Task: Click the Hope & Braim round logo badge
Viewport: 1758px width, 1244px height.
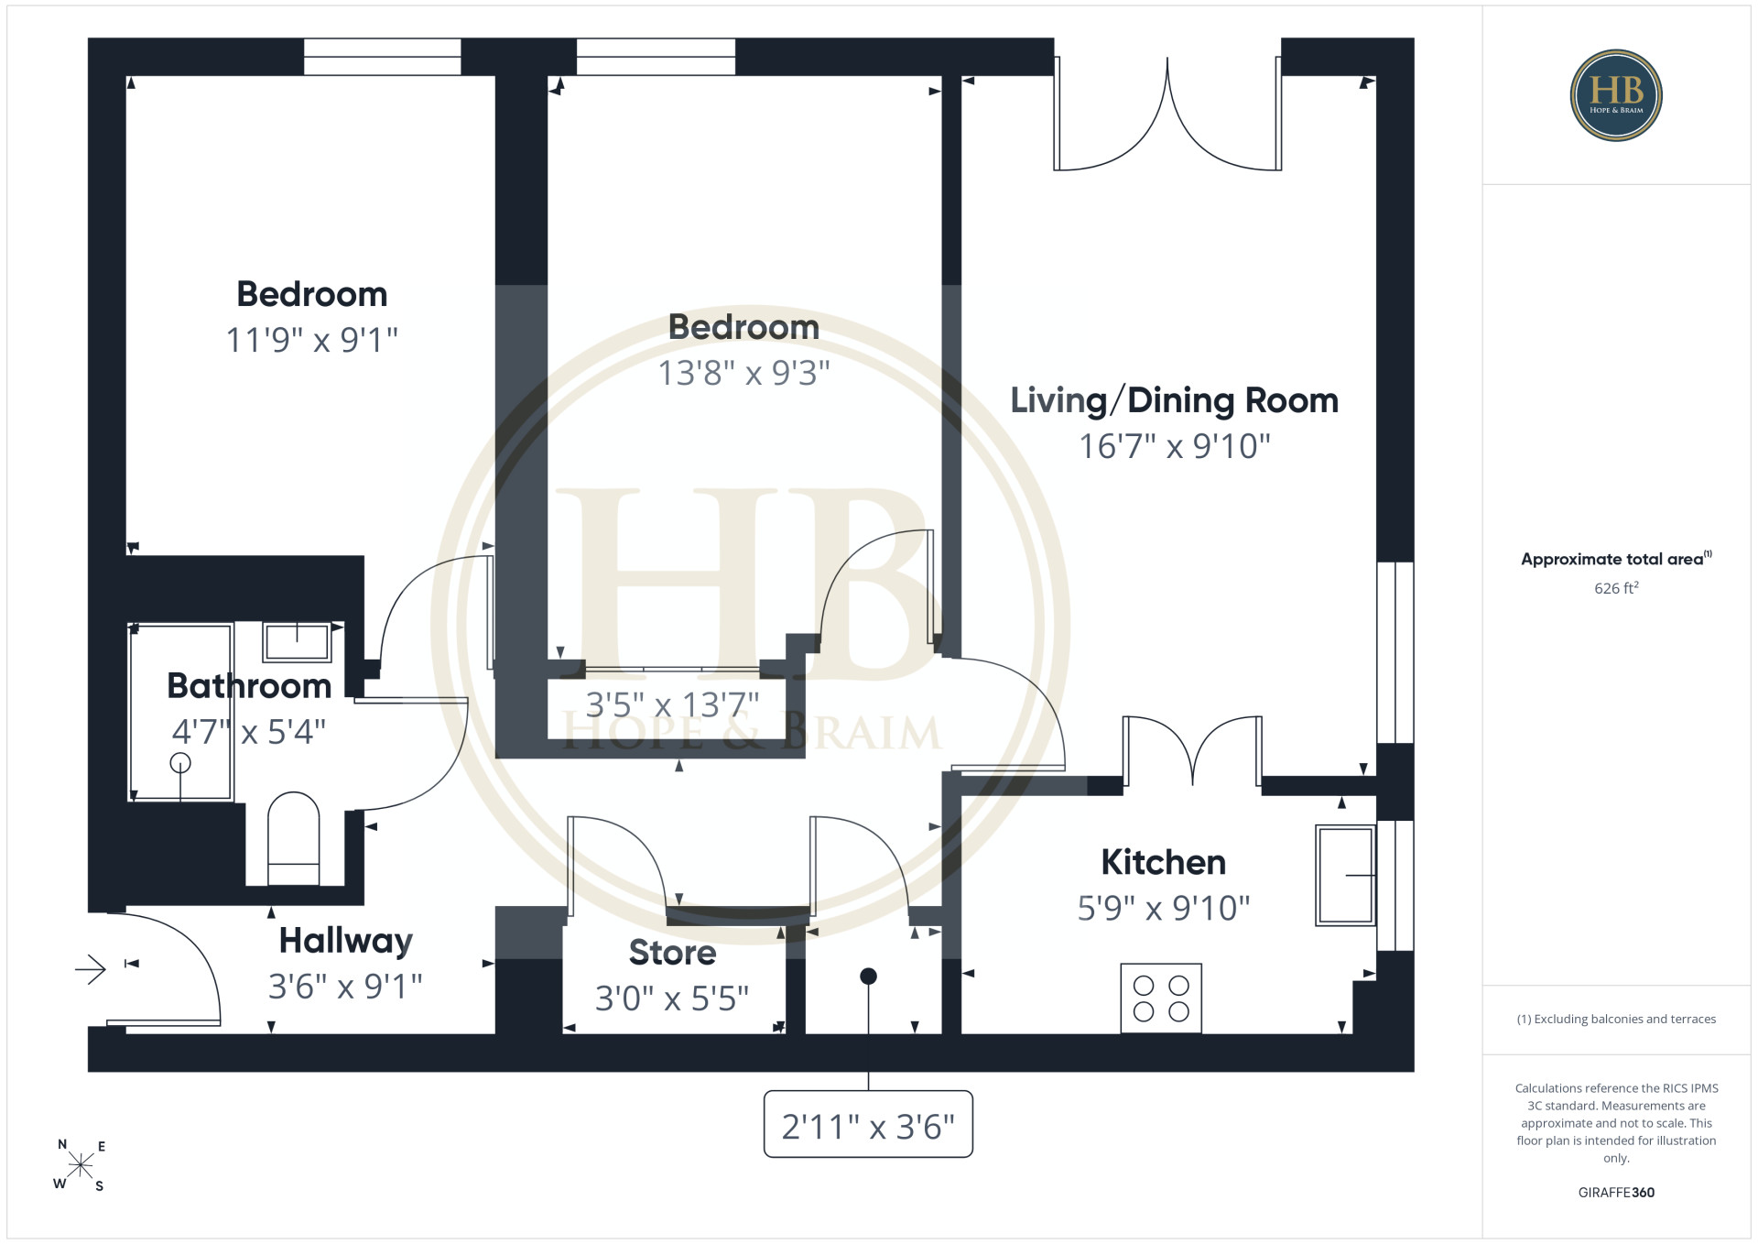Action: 1616,95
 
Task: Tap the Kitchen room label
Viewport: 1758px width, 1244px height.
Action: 1163,862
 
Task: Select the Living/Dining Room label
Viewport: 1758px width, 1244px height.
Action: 1174,400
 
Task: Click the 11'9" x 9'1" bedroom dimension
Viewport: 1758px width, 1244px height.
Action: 312,340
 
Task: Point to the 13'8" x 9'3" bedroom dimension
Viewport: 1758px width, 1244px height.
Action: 744,373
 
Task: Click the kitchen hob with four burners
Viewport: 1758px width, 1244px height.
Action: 1161,998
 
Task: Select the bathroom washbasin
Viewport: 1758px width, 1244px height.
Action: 297,641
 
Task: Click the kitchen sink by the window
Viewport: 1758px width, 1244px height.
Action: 1345,875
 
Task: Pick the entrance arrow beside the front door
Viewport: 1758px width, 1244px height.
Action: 91,968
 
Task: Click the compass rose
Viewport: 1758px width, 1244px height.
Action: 81,1165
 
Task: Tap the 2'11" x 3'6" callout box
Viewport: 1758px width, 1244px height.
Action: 868,1124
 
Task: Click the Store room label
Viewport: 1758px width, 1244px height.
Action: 672,953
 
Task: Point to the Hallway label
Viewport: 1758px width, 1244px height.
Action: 345,941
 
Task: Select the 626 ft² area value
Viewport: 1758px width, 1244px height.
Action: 1616,588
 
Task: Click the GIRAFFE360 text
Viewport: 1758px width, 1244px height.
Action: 1616,1193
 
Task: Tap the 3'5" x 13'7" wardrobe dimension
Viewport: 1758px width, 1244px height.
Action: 672,705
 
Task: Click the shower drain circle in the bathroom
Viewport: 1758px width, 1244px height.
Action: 180,762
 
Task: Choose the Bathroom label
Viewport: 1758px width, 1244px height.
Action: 249,686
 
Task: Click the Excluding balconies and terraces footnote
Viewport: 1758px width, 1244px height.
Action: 1616,1019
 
